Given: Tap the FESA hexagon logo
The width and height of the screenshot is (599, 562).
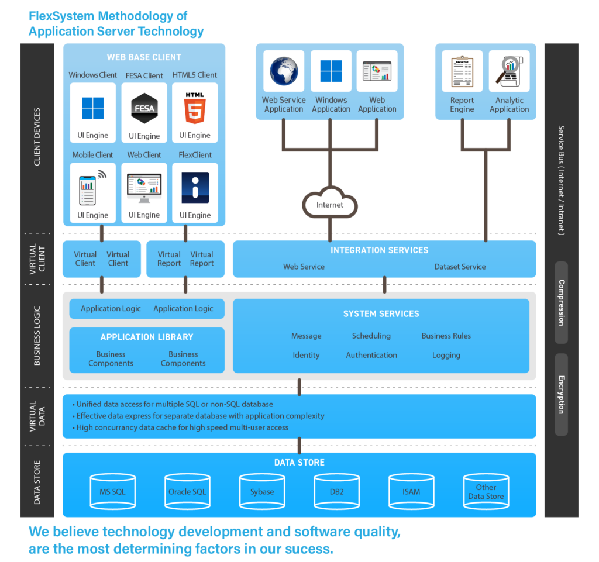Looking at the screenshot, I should click(x=144, y=108).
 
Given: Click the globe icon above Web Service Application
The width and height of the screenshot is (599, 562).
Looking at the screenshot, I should click(x=284, y=71).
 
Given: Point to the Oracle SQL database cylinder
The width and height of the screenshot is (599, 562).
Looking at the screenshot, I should click(x=187, y=491).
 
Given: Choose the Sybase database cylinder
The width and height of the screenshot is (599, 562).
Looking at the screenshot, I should click(x=262, y=491).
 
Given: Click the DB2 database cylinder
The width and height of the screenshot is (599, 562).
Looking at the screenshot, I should click(x=336, y=491).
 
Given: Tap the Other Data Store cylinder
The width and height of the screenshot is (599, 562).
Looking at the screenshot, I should click(x=486, y=491).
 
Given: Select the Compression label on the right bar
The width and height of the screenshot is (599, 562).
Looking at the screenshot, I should click(x=562, y=302).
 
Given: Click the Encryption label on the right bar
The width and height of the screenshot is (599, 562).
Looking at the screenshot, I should click(x=562, y=394).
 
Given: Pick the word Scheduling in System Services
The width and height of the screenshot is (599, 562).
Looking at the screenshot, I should click(x=371, y=336).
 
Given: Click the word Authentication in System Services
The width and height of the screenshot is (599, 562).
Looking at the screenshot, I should click(x=371, y=355).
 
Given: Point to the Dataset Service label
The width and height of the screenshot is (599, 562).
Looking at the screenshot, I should click(x=460, y=267).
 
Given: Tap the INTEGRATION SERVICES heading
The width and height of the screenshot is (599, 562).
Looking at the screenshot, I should click(x=380, y=250).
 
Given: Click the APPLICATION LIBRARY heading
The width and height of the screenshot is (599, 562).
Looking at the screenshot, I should click(x=147, y=337).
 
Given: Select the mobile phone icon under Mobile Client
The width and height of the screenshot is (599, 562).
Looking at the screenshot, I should click(x=88, y=187).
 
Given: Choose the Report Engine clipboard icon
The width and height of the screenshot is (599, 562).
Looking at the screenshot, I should click(x=462, y=71).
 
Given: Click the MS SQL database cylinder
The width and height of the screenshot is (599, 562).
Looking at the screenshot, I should click(x=112, y=491).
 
